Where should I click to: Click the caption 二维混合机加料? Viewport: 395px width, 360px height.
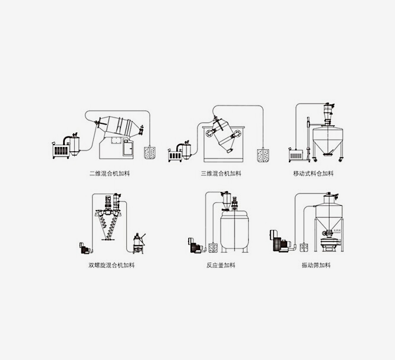click(110, 174)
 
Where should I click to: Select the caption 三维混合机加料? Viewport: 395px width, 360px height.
click(221, 174)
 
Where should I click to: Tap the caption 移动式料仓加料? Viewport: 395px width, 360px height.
click(314, 174)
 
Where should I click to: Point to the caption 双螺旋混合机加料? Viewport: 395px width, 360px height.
click(111, 265)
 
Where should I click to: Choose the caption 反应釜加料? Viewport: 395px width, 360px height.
click(221, 265)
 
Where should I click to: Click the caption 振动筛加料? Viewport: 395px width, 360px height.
click(316, 265)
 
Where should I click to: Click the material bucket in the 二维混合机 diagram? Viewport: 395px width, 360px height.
click(150, 153)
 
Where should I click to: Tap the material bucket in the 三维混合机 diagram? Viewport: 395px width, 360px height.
click(263, 155)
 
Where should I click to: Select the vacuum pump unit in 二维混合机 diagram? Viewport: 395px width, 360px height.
click(61, 150)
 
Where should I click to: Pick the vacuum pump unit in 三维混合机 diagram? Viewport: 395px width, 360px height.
click(175, 155)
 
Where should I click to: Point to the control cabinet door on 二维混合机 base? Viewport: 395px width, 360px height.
click(128, 148)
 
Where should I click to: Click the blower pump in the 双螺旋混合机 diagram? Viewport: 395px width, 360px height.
click(85, 248)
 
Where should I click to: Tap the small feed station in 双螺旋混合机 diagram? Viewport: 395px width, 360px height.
click(139, 243)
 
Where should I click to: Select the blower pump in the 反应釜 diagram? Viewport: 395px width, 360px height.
click(196, 245)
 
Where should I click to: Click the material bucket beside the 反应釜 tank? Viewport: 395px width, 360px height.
click(213, 247)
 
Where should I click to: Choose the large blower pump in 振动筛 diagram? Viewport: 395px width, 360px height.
click(281, 241)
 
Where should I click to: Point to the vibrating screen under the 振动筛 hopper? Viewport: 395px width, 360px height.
click(330, 243)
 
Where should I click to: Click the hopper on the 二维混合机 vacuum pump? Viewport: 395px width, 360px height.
click(74, 146)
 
